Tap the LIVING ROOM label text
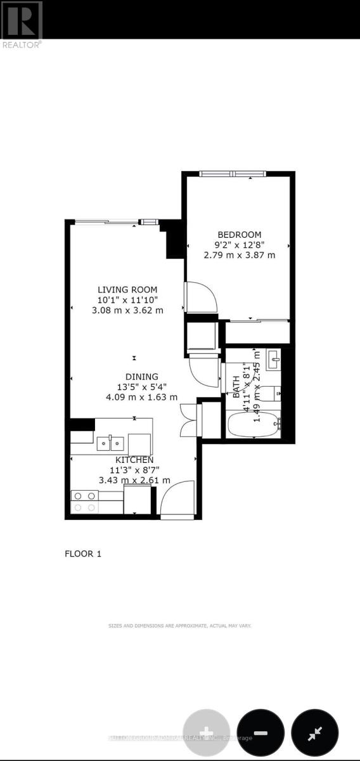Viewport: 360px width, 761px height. [x=127, y=290]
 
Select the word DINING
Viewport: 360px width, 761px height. [x=132, y=376]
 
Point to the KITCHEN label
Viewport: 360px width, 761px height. [x=134, y=460]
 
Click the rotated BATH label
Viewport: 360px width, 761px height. [x=236, y=386]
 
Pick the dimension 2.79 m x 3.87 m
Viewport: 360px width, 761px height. [x=240, y=255]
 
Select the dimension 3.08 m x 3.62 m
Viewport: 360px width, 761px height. [x=127, y=310]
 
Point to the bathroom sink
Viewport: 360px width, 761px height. [x=274, y=360]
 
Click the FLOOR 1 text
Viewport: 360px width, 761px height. [x=83, y=554]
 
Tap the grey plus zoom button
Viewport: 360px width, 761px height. [x=207, y=732]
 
